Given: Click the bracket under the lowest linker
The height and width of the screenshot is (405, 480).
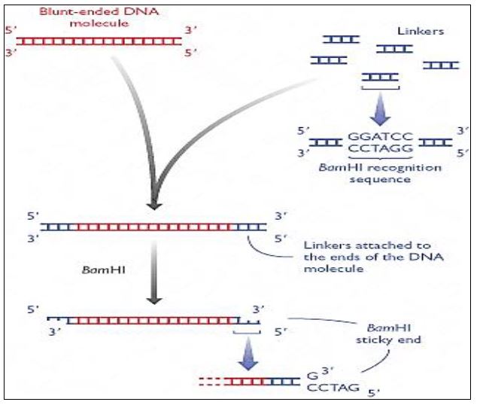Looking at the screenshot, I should [378, 88].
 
